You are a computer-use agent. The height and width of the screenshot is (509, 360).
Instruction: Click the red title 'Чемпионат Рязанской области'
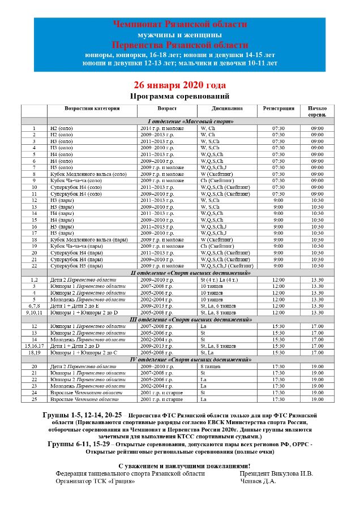pos(179,24)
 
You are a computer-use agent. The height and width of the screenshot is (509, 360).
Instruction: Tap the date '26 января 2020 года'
pos(179,86)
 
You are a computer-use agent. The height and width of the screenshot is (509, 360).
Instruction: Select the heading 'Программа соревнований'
pos(179,96)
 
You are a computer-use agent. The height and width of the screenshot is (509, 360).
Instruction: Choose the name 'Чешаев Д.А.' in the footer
pos(258,481)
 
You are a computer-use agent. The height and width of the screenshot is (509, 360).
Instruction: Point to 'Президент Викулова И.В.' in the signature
pos(276,473)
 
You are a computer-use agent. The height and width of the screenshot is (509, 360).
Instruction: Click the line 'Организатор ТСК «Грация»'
pos(95,481)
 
